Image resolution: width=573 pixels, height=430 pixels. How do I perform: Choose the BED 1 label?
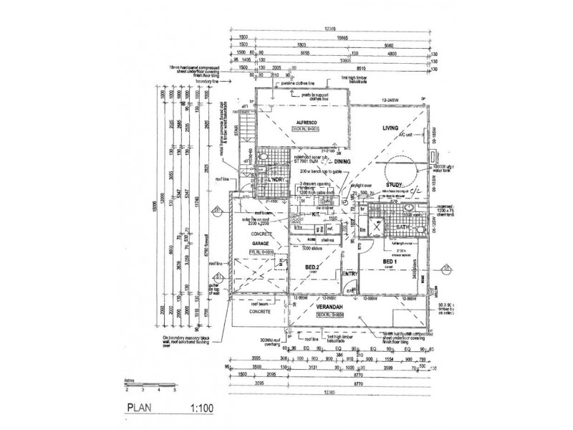click(390, 262)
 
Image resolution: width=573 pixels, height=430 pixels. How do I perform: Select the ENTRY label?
click(351, 274)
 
